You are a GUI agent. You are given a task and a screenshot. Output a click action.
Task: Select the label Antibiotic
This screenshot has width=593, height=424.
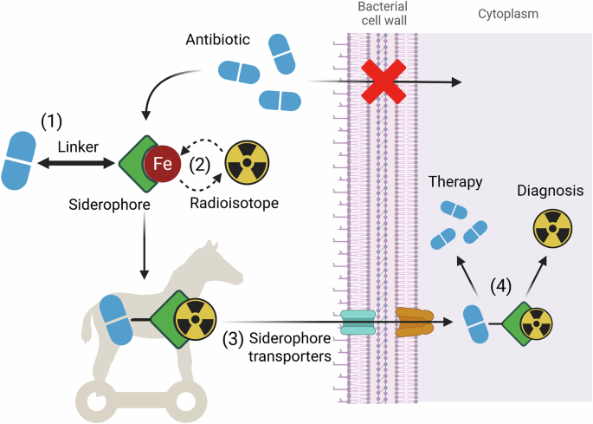217,41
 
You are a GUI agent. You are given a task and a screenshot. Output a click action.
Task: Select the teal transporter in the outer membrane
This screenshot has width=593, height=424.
355,323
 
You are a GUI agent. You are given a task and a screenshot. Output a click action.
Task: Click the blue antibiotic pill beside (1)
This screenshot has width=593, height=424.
23,161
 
